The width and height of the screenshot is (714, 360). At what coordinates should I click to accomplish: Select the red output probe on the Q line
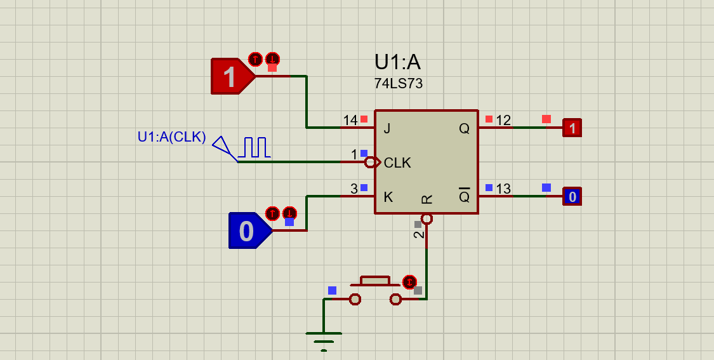point(572,128)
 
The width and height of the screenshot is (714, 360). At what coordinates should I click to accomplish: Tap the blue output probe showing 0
point(572,197)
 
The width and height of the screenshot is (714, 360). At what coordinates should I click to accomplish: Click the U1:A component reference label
point(397,62)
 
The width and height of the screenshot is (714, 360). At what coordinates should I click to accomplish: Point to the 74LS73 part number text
point(398,84)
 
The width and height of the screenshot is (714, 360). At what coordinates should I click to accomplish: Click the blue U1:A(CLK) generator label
point(171,137)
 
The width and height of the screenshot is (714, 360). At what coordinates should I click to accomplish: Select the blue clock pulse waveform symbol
point(255,147)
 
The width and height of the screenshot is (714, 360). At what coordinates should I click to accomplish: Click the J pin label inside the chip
point(387,129)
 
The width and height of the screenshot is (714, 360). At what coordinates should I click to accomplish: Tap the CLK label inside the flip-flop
point(397,163)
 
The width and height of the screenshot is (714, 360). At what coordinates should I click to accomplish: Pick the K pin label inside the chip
point(388,197)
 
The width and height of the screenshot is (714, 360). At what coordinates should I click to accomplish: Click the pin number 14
point(350,121)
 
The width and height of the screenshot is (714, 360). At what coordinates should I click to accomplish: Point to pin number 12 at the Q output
point(503,121)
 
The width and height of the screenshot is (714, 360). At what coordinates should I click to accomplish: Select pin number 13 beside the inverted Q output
point(503,189)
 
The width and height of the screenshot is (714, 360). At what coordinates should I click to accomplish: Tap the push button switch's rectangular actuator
point(375,280)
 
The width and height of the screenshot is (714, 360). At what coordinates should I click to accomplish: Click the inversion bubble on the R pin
point(426,219)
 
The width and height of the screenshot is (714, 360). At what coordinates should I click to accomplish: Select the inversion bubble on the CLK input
point(370,163)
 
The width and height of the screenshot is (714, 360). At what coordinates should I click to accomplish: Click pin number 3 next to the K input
point(354,189)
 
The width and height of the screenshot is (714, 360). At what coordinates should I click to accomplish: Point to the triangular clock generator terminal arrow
point(221,146)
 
